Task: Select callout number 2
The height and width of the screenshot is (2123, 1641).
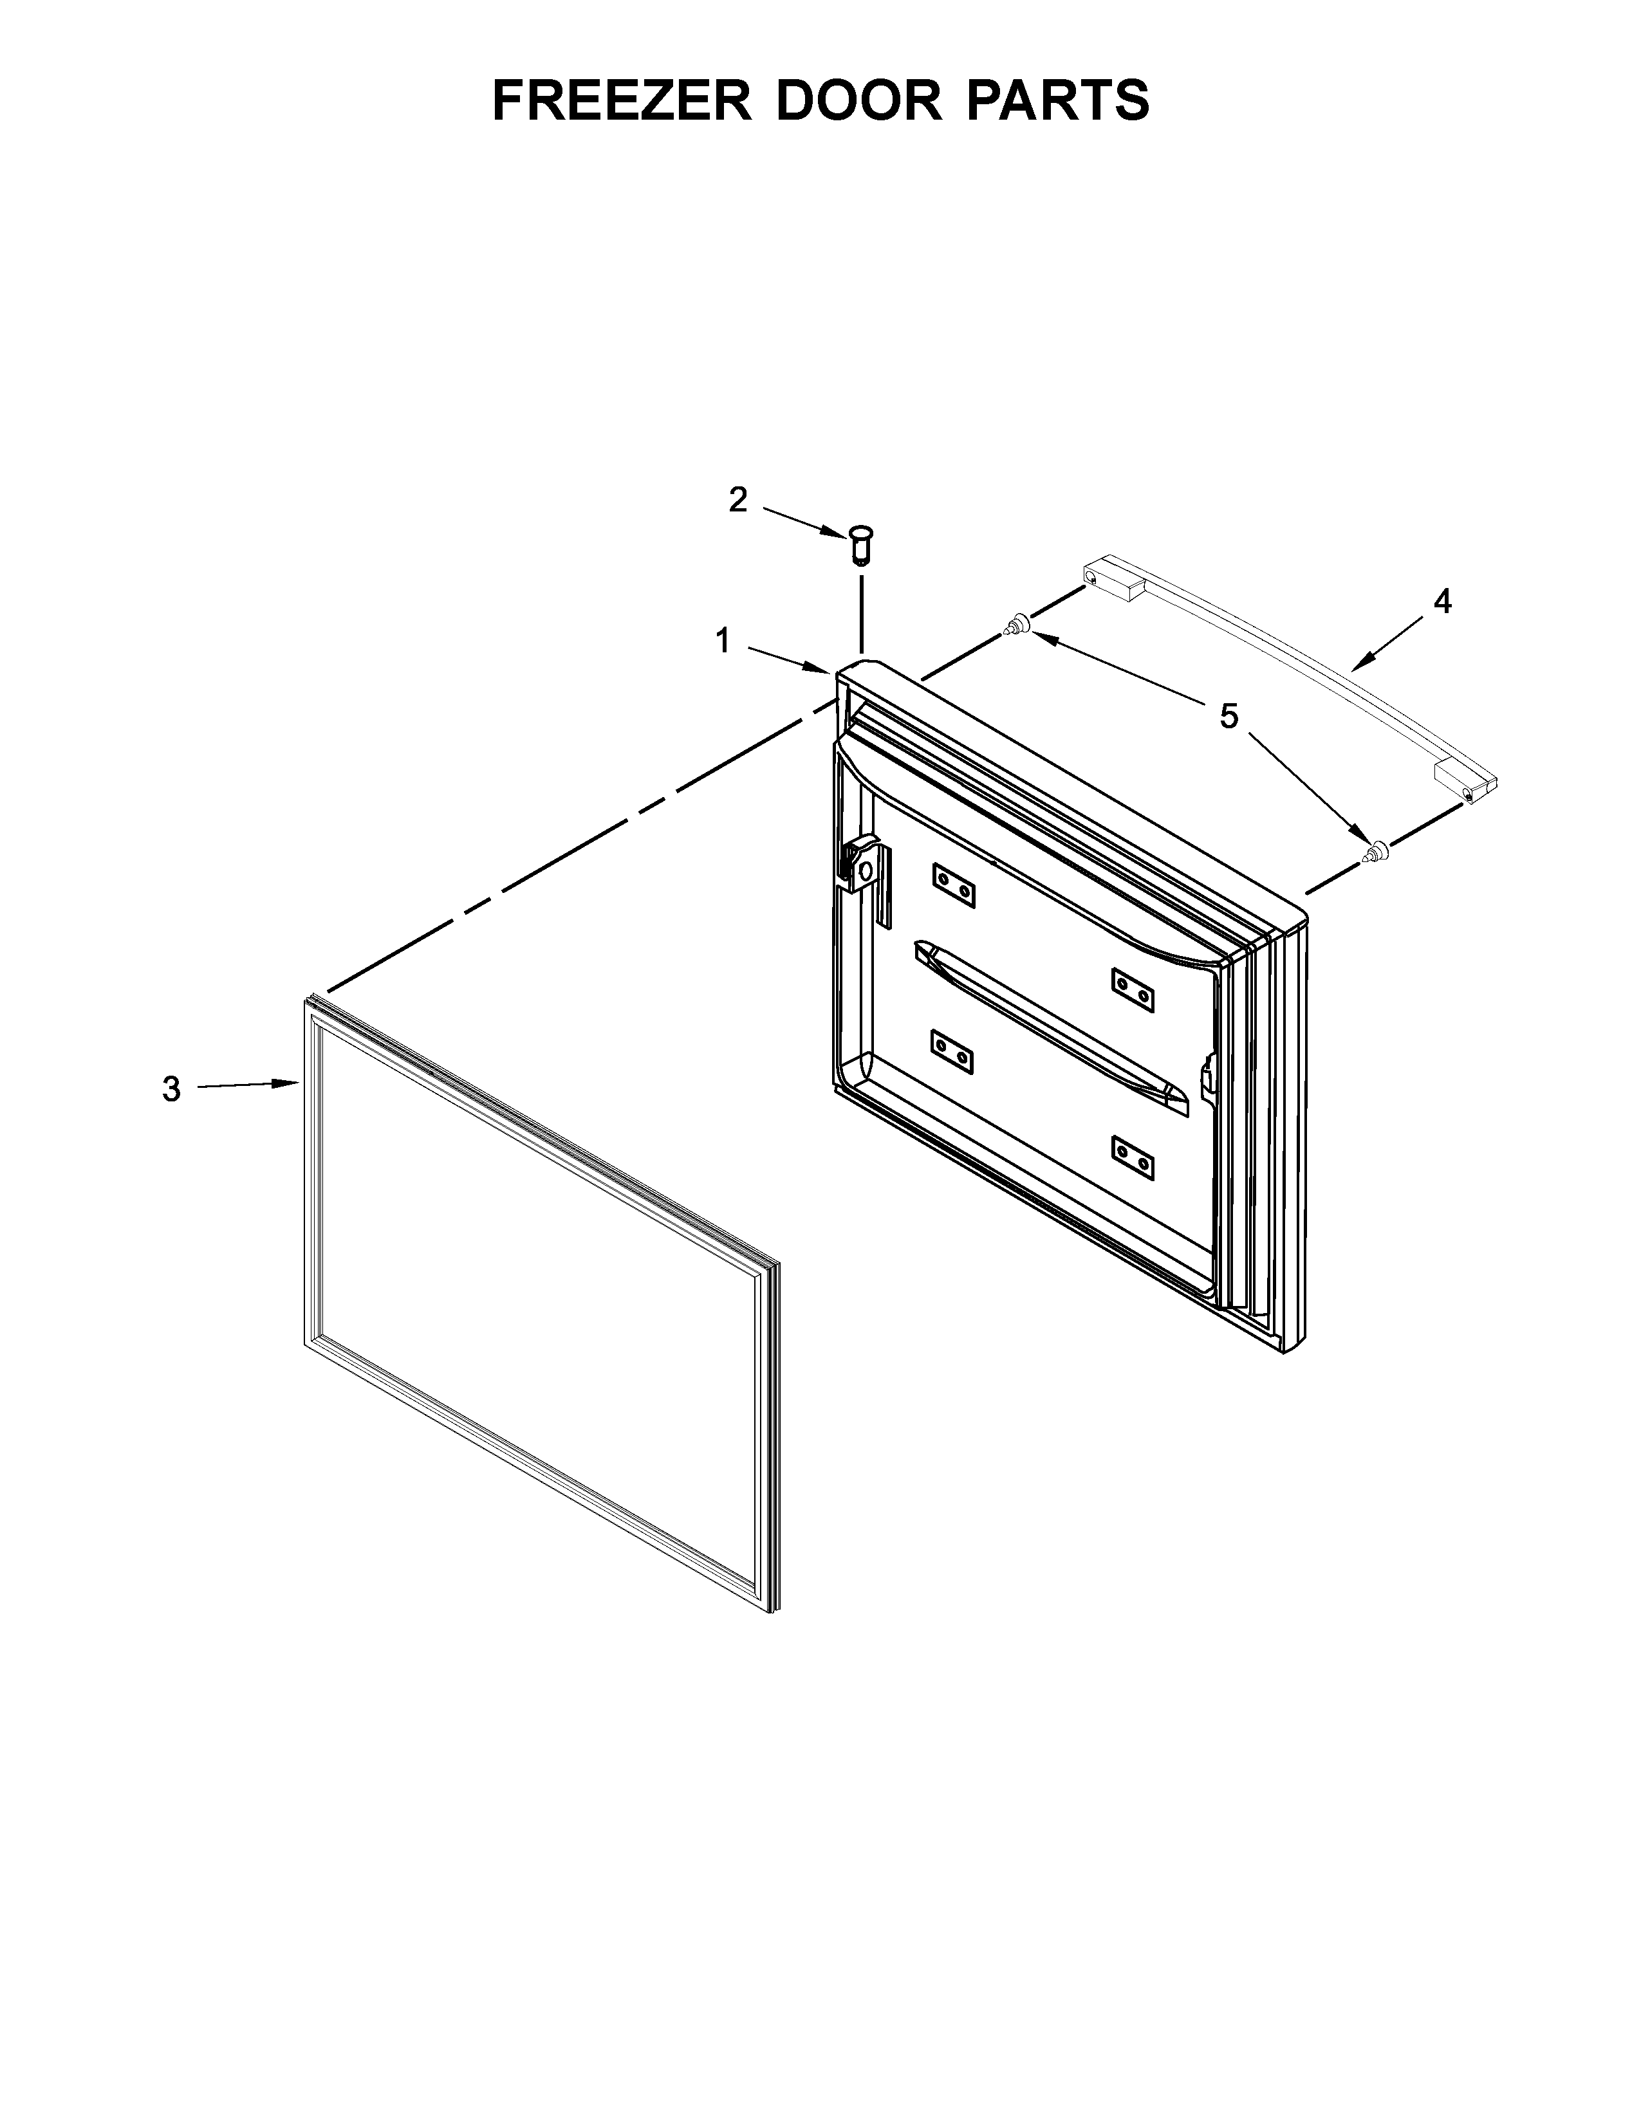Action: (x=738, y=500)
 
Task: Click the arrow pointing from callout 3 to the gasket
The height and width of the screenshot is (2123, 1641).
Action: (x=248, y=1085)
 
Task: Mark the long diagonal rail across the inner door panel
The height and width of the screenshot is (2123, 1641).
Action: (x=1050, y=1025)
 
